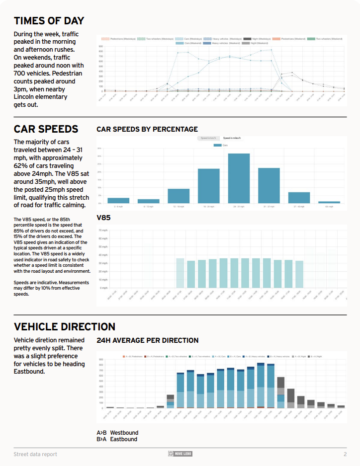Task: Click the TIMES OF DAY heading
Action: [x=49, y=21]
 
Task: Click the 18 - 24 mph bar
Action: [x=208, y=186]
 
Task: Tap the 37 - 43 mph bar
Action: [x=299, y=197]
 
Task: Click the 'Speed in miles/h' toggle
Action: [x=233, y=138]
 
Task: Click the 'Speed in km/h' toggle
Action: [x=208, y=138]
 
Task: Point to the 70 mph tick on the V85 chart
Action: [x=103, y=231]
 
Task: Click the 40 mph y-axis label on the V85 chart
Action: [x=103, y=255]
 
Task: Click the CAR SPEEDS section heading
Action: [x=46, y=129]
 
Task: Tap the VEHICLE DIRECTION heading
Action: [x=64, y=326]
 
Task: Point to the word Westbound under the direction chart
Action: [x=124, y=433]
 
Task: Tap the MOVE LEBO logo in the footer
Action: [x=180, y=454]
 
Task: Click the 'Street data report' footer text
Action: [x=35, y=454]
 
